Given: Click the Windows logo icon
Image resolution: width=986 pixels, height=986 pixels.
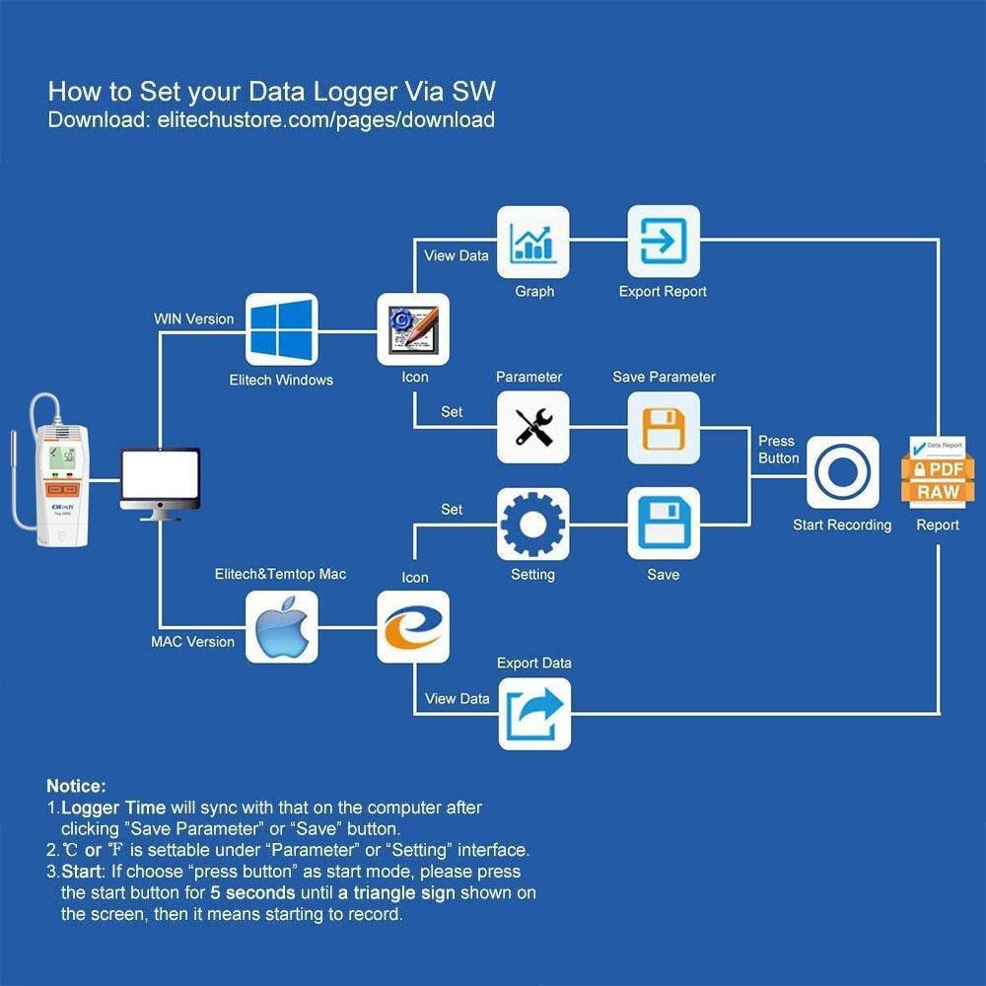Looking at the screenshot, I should (281, 329).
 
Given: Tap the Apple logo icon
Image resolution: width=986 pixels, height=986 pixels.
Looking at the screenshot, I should (281, 627).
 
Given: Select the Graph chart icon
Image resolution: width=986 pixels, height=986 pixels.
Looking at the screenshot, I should (533, 242).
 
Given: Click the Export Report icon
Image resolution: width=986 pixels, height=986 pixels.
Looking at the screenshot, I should (664, 242).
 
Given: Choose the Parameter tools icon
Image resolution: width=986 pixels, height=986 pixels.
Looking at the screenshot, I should (533, 428).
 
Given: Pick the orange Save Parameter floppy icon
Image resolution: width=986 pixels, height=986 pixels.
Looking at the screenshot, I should (664, 428).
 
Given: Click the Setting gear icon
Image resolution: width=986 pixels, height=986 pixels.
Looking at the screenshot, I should (533, 524).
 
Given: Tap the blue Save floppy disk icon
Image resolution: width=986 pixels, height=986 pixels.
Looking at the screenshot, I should (664, 524).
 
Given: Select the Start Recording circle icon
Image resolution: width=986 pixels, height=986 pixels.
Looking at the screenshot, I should (843, 472).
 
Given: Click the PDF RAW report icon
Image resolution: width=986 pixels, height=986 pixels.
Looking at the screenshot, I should (938, 472).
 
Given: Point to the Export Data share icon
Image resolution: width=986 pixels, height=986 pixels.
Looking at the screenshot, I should (533, 714).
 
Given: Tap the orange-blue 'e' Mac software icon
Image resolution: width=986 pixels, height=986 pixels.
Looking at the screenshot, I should (413, 627).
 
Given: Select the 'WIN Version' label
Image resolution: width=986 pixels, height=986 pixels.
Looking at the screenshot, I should (194, 319).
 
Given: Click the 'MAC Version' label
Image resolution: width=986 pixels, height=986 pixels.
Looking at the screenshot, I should (193, 642).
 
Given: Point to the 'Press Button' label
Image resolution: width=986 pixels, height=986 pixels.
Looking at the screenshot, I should (778, 450).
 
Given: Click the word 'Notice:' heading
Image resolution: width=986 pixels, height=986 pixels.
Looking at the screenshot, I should (76, 787).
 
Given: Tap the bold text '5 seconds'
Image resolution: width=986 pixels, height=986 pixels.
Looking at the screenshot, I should (252, 893).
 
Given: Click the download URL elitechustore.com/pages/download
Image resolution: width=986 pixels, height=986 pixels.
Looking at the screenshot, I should (325, 120).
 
